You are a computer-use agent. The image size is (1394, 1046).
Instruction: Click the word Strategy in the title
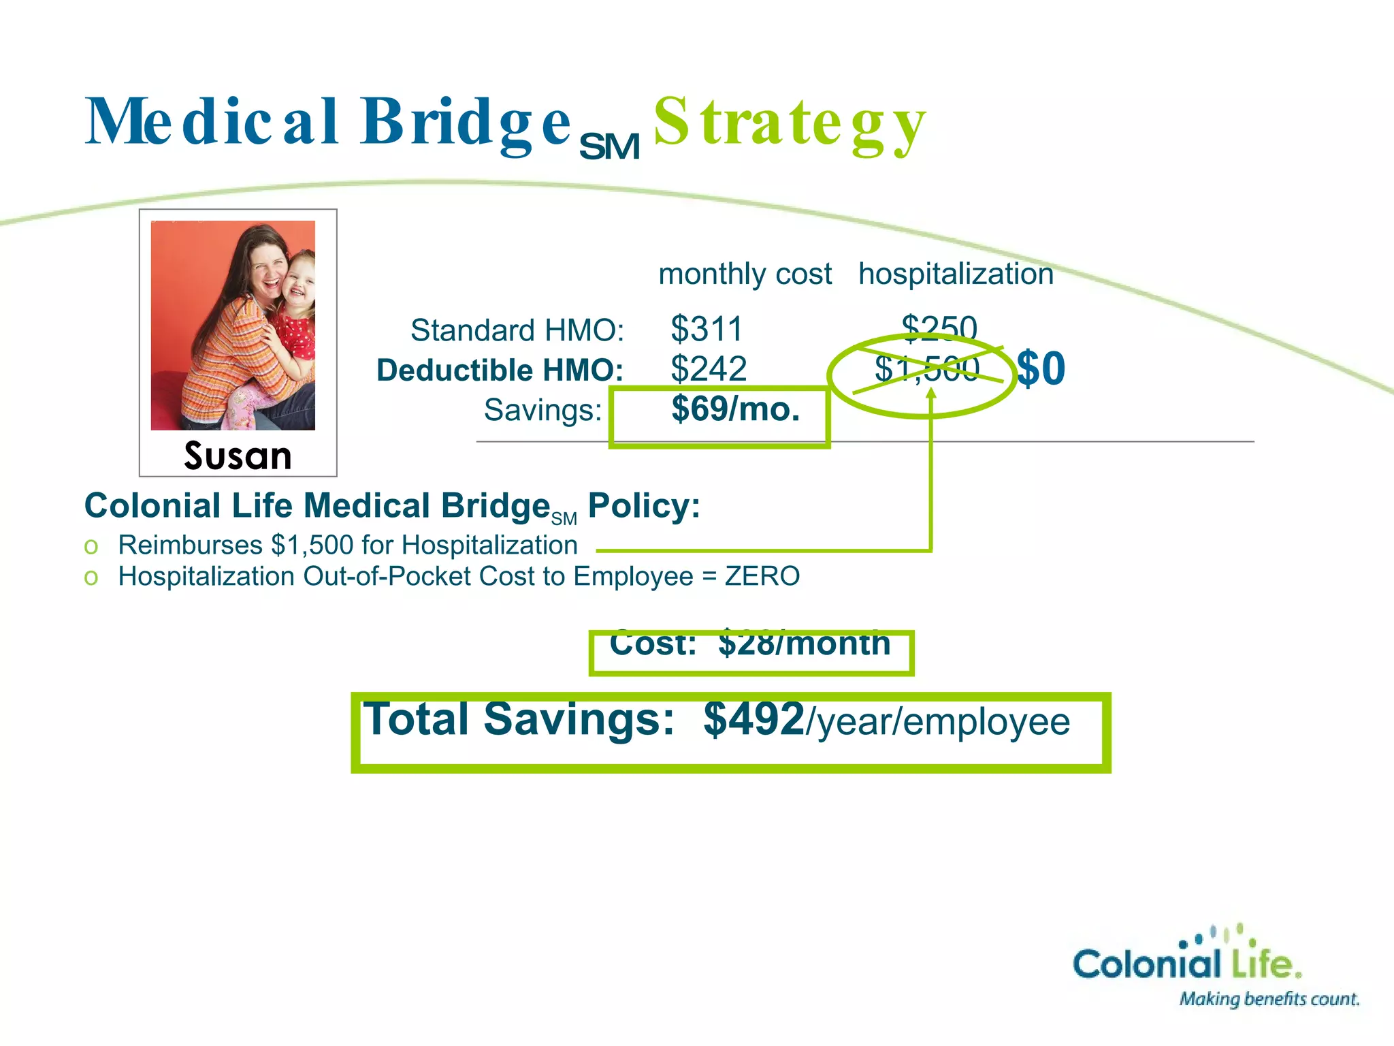click(x=790, y=123)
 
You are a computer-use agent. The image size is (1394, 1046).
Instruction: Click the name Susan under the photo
click(x=238, y=455)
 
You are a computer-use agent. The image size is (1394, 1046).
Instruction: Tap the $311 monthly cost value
click(x=707, y=329)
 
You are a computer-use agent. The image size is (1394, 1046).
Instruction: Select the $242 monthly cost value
click(x=709, y=369)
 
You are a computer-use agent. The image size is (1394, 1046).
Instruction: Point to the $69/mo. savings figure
click(x=735, y=409)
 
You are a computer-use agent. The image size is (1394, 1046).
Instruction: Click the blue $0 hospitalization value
click(x=1041, y=368)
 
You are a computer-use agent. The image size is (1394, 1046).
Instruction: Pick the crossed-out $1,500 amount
click(x=926, y=370)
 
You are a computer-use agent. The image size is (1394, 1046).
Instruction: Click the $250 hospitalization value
click(x=939, y=328)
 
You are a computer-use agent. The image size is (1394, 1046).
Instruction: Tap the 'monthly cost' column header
click(x=745, y=274)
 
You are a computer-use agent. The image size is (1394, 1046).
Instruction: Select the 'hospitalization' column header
click(x=956, y=274)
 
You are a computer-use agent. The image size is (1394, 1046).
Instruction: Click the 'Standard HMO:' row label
click(x=517, y=330)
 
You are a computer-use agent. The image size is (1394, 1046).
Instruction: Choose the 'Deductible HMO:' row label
click(x=500, y=370)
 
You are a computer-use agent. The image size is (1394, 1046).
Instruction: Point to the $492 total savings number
click(x=754, y=719)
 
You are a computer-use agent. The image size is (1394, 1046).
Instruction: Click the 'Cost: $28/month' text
click(x=750, y=644)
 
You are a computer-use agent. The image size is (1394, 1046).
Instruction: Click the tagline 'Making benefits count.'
click(x=1269, y=999)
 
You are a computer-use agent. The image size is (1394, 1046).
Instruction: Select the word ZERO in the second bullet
click(x=762, y=577)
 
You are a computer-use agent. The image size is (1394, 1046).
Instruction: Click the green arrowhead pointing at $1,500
click(x=931, y=394)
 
